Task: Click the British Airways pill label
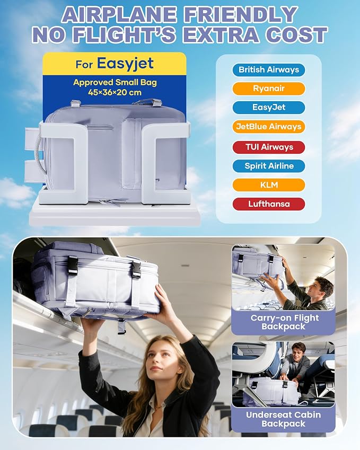[x=269, y=70]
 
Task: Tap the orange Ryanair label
[x=269, y=89]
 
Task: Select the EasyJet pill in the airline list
[x=269, y=108]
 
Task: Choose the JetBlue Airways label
[x=269, y=127]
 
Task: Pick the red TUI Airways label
[x=269, y=147]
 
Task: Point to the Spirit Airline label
[x=269, y=166]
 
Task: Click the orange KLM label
[x=269, y=185]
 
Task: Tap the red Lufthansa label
[x=269, y=204]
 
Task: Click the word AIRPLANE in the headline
[x=119, y=14]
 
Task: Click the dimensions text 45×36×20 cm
[x=115, y=93]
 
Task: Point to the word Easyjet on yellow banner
[x=125, y=64]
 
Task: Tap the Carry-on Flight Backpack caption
[x=284, y=322]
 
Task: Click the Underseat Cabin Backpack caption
[x=283, y=419]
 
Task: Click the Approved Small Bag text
[x=115, y=82]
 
